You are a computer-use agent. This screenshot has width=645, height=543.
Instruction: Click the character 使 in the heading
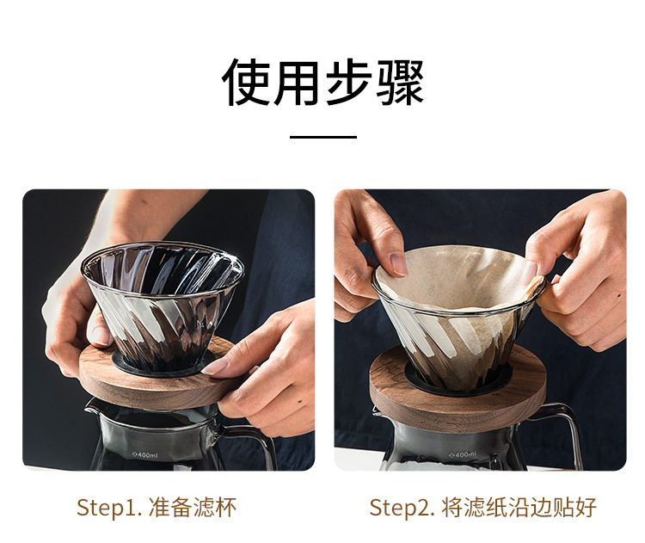[x=246, y=82]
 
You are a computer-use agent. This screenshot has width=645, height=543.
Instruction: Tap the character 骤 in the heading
[x=400, y=82]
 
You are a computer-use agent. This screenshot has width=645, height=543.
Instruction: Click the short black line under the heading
[x=322, y=137]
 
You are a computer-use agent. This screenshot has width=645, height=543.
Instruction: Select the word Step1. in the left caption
[x=109, y=507]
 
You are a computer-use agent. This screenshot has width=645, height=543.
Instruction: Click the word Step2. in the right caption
[x=402, y=507]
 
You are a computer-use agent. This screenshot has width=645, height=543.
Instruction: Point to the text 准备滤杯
[x=193, y=507]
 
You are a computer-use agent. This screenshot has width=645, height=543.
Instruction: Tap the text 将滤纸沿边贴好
[x=519, y=507]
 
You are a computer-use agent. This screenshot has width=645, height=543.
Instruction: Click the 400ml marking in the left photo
[x=144, y=455]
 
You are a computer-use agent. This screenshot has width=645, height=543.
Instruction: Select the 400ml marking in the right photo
[x=463, y=454]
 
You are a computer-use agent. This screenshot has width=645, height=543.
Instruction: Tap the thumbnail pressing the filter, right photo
[x=398, y=264]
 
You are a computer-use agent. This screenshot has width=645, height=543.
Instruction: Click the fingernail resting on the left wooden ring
[x=215, y=367]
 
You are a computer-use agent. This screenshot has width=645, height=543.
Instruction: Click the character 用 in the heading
[x=297, y=82]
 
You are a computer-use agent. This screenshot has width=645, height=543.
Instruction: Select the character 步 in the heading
[x=348, y=82]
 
